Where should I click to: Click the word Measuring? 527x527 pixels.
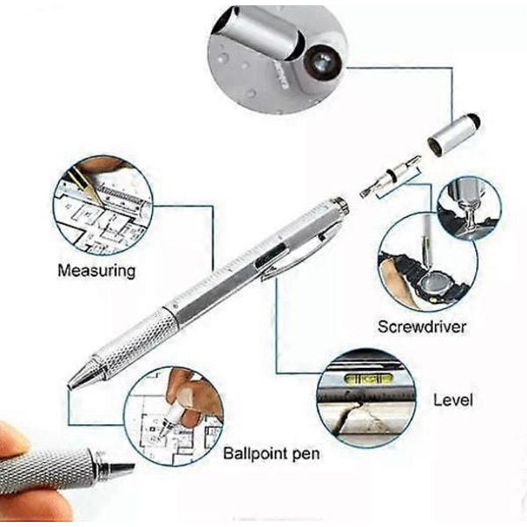(97, 271)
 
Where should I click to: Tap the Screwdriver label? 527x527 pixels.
(422, 327)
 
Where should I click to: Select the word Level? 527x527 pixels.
(452, 400)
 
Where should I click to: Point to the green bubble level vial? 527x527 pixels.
(368, 379)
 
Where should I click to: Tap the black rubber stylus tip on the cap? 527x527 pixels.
(474, 120)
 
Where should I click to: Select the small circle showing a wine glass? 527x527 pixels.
(469, 209)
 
